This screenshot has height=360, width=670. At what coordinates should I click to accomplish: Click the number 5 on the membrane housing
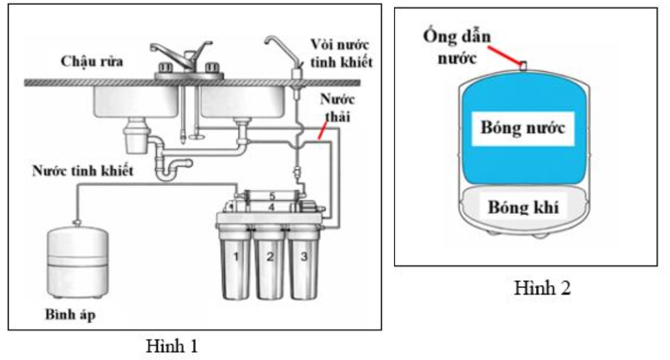(270, 195)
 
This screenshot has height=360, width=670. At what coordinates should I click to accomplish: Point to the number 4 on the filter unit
(270, 207)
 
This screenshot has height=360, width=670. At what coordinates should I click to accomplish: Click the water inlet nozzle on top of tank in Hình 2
(524, 65)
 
